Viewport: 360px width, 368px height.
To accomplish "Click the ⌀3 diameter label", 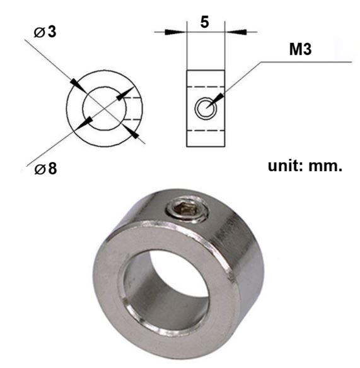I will click(x=45, y=32).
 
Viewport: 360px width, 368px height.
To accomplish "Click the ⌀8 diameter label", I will click(x=45, y=169).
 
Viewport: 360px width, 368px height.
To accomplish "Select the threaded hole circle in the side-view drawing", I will click(x=205, y=108).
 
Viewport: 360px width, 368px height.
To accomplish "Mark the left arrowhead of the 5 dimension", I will click(x=180, y=30).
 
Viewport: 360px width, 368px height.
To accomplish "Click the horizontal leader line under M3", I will click(x=303, y=62).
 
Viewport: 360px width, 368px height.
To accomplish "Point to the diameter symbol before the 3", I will click(x=38, y=32).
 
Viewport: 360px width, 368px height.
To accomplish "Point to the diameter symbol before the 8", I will click(x=38, y=170).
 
